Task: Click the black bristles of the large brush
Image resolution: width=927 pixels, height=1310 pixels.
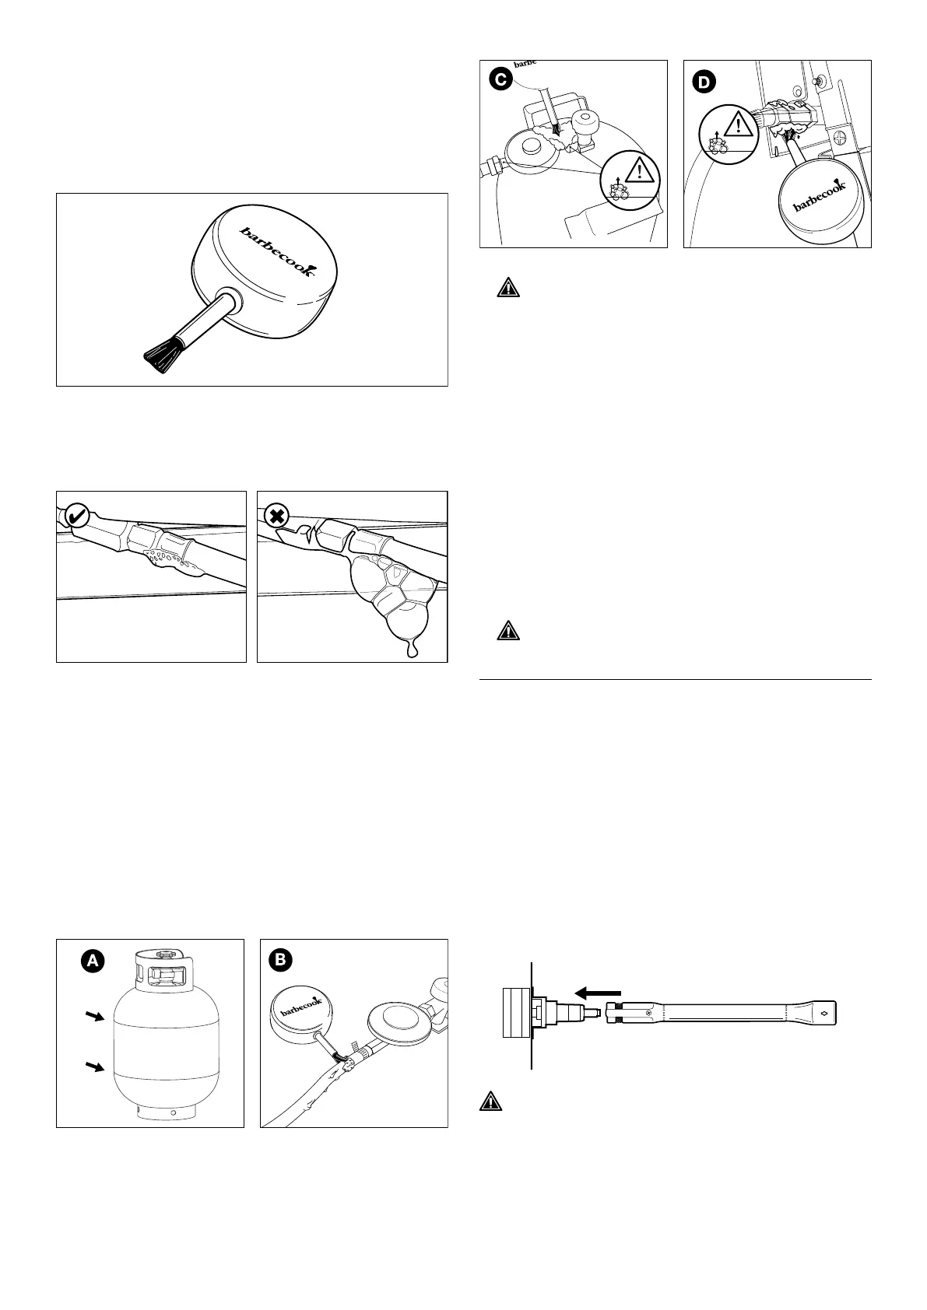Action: click(x=160, y=356)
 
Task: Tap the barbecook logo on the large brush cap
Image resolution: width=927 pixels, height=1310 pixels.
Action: click(x=277, y=250)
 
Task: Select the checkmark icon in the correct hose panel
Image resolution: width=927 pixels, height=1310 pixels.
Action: click(x=78, y=514)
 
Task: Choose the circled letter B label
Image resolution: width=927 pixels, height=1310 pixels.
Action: click(x=279, y=960)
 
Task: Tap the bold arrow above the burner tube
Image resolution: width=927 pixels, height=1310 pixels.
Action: click(x=597, y=992)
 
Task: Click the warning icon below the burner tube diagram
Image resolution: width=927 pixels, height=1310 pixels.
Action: click(x=491, y=1102)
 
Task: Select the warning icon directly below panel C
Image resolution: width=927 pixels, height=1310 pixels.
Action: click(x=507, y=288)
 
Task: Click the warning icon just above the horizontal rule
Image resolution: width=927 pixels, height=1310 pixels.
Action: click(x=507, y=631)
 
